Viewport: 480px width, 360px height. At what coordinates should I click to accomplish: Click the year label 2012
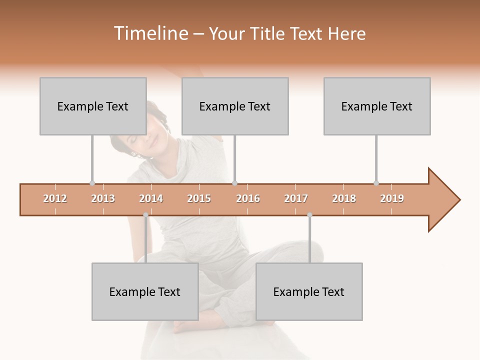click(55, 198)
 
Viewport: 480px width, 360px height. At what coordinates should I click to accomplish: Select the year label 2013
click(103, 198)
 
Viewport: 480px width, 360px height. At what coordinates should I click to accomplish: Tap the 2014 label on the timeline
click(151, 198)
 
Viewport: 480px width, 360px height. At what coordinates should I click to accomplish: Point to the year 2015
click(199, 198)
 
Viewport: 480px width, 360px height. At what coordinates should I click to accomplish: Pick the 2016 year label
click(248, 198)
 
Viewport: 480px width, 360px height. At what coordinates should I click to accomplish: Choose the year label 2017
click(296, 198)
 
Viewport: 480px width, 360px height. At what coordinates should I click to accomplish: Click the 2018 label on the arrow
click(344, 198)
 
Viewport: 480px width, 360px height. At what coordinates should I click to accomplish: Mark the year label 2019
click(392, 198)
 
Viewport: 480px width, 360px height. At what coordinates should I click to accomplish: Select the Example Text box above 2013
click(93, 106)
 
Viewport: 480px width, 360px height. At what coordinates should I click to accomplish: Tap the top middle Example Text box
click(235, 106)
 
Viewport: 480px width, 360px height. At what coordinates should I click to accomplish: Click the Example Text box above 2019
click(377, 106)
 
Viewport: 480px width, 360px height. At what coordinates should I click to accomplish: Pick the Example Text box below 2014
click(145, 291)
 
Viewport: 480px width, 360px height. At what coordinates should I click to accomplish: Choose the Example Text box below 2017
click(309, 291)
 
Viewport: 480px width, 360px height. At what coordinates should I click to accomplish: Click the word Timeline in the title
click(150, 33)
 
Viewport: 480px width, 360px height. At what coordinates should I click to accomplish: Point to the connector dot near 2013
click(92, 183)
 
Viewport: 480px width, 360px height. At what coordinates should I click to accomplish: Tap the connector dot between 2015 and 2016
click(234, 183)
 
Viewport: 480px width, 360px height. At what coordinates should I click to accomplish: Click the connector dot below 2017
click(309, 215)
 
